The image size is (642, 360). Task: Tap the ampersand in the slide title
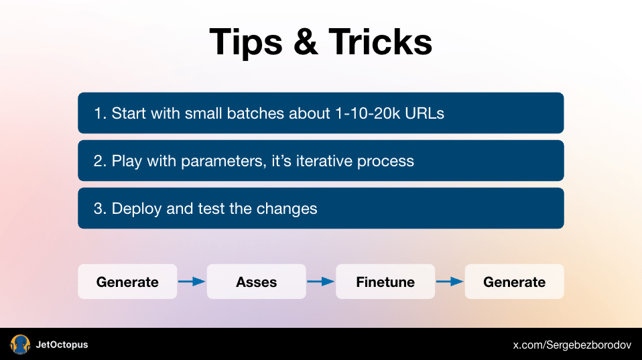(x=306, y=42)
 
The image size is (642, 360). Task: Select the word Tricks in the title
(x=381, y=42)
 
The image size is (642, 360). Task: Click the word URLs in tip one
(x=425, y=113)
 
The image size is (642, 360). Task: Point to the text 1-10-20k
(x=367, y=113)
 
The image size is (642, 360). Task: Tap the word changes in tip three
(x=287, y=209)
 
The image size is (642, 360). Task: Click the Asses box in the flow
(x=256, y=282)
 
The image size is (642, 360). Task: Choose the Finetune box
(x=385, y=282)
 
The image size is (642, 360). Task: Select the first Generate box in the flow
(x=127, y=282)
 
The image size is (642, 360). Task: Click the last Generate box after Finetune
(x=514, y=282)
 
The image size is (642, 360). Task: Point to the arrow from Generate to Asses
(x=192, y=282)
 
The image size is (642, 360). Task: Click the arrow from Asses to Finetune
(x=320, y=282)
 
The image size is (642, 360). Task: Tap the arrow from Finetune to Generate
(x=450, y=282)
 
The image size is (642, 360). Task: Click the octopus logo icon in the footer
(x=20, y=345)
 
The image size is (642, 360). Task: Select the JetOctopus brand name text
(x=62, y=345)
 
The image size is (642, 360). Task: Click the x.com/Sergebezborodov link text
(x=572, y=345)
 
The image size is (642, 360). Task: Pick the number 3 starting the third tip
(x=97, y=208)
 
